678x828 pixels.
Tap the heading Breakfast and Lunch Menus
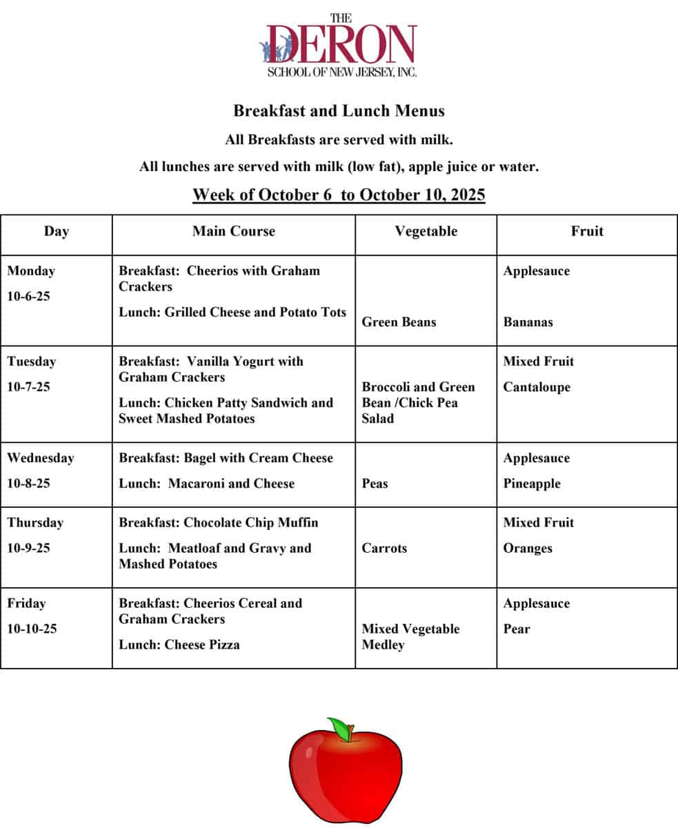(339, 110)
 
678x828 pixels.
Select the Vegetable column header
(426, 231)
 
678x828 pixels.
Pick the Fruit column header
(586, 231)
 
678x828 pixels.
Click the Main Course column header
(233, 231)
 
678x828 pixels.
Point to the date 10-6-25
(28, 297)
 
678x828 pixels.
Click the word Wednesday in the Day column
(40, 458)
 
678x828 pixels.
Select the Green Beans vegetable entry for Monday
(399, 322)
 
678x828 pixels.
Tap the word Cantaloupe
(537, 387)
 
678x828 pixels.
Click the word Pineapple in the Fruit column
(531, 484)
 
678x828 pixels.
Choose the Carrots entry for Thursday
(384, 549)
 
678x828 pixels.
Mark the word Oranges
(528, 549)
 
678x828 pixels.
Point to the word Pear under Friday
(517, 629)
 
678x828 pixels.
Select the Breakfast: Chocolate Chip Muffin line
(219, 522)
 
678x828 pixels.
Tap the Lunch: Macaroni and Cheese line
(206, 484)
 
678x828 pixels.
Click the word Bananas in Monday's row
(528, 322)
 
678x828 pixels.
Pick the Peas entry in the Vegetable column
(375, 484)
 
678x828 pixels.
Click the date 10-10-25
(32, 629)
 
